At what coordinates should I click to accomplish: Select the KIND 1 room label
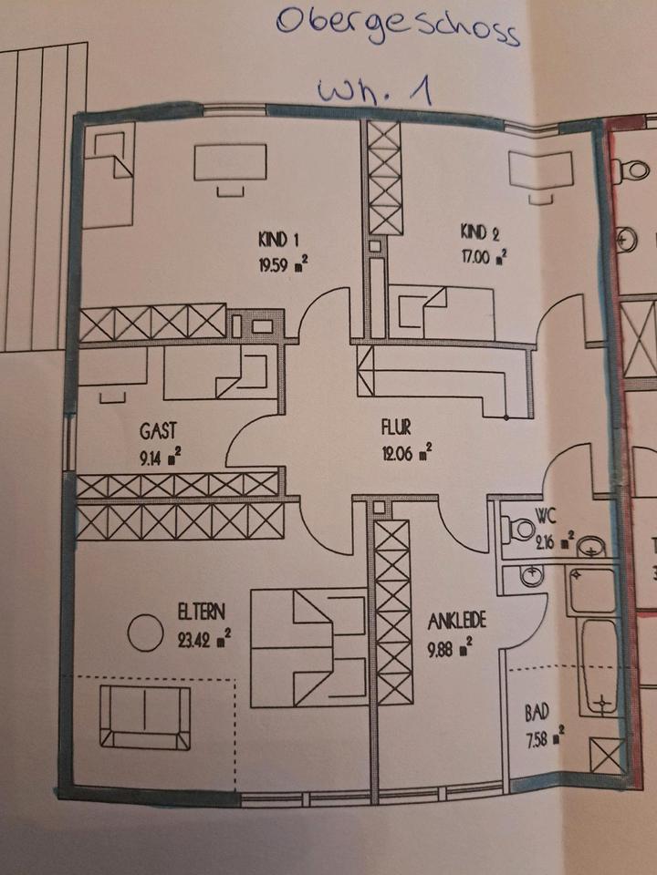click(x=279, y=240)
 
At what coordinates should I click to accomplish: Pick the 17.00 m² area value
click(x=484, y=258)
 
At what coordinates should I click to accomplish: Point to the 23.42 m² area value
click(x=203, y=639)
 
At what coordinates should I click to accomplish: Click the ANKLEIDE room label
click(x=456, y=622)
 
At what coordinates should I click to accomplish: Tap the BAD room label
click(x=537, y=710)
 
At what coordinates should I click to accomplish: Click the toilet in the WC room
click(x=519, y=528)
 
